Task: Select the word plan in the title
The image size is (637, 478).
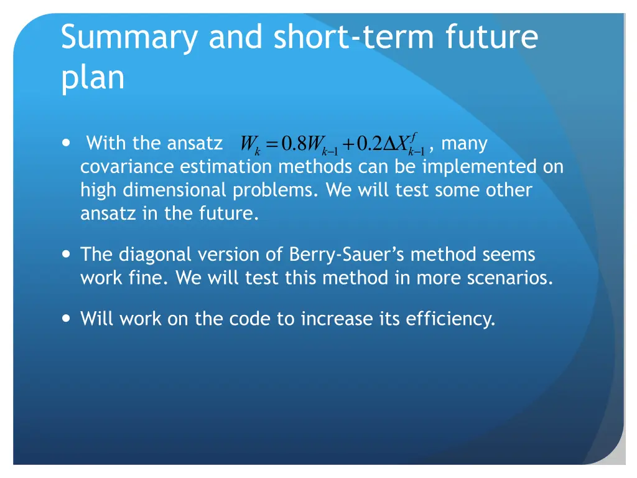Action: tap(93, 78)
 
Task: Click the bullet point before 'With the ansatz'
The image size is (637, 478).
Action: tap(67, 143)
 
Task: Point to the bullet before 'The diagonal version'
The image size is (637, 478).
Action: tap(67, 254)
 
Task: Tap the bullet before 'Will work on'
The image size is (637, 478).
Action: tap(67, 319)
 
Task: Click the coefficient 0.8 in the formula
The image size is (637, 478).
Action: tap(293, 145)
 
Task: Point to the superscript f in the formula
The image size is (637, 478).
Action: tap(414, 136)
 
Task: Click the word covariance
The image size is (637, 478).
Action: tap(128, 167)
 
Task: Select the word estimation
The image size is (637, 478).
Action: tap(226, 167)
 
